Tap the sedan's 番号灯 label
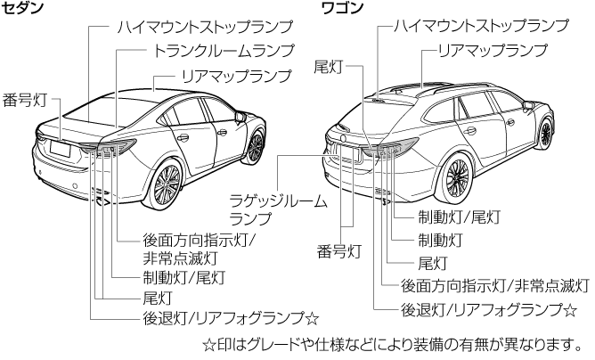23,98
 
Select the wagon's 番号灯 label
339,251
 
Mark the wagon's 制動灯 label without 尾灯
440,240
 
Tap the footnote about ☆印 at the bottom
391,342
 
